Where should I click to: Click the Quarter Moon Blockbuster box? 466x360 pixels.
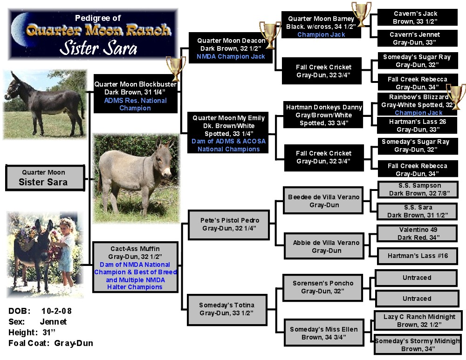coord(136,94)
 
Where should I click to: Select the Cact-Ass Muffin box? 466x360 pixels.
coord(135,267)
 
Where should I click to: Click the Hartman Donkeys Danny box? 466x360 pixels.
coord(323,115)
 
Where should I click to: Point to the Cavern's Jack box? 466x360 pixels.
coord(417,17)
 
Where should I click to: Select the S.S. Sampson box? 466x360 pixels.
coord(418,190)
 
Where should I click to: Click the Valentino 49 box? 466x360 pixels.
coord(417,233)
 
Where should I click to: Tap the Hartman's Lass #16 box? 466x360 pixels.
coord(417,256)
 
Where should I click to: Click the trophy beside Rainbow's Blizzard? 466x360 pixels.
coord(456,96)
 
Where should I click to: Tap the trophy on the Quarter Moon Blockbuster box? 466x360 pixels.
coord(176,68)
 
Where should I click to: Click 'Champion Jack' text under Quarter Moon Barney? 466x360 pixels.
coord(321,34)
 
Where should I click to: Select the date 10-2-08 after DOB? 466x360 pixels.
coord(56,311)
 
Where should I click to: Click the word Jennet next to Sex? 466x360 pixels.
coord(53,322)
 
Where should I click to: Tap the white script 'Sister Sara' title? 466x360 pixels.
coord(98,48)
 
